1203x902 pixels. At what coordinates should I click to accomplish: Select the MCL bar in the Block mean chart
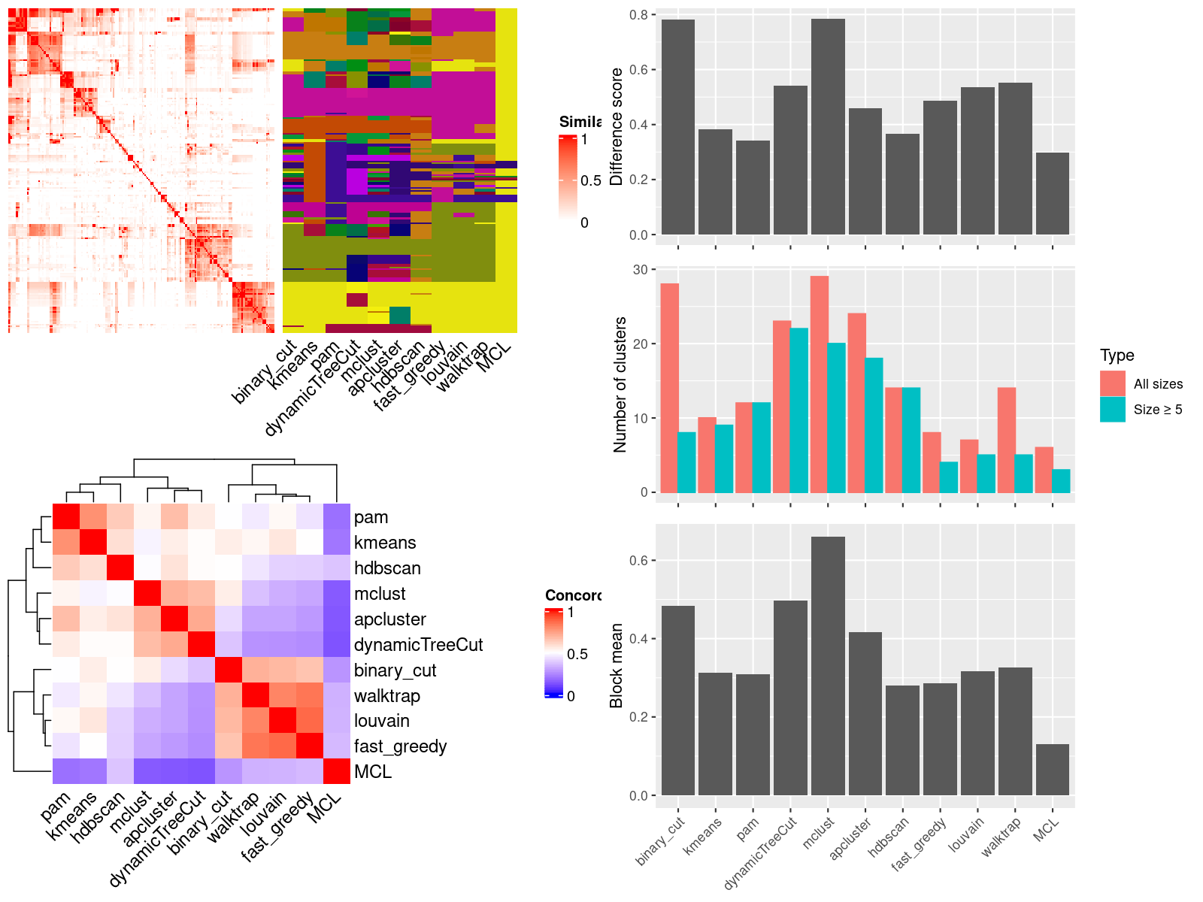pyautogui.click(x=1052, y=770)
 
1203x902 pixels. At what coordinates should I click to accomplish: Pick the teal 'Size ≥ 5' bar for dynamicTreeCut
pyautogui.click(x=798, y=410)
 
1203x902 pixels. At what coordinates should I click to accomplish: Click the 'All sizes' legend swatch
pyautogui.click(x=1112, y=383)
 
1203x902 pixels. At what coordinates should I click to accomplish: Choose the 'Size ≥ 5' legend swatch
pyautogui.click(x=1112, y=409)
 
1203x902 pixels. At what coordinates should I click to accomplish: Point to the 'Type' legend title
pyautogui.click(x=1117, y=356)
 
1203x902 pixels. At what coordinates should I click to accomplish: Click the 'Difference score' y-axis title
pyautogui.click(x=617, y=126)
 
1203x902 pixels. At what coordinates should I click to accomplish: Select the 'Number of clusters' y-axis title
pyautogui.click(x=620, y=384)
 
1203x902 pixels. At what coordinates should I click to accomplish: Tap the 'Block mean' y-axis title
pyautogui.click(x=617, y=665)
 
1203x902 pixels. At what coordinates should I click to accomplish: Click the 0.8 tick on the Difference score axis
pyautogui.click(x=638, y=15)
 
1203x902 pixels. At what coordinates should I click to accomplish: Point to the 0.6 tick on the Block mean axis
pyautogui.click(x=638, y=561)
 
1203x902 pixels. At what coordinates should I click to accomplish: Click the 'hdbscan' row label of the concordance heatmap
pyautogui.click(x=387, y=568)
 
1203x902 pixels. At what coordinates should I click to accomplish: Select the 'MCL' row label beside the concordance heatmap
pyautogui.click(x=373, y=772)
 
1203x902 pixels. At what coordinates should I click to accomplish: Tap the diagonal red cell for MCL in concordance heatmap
pyautogui.click(x=337, y=771)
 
